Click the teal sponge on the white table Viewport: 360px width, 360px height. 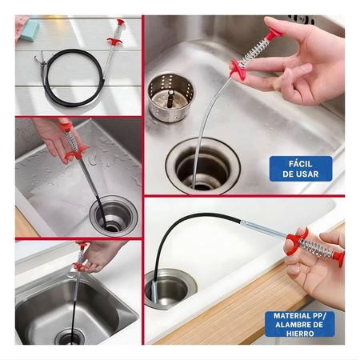tap(31, 30)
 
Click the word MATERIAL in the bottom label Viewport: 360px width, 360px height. tap(296, 316)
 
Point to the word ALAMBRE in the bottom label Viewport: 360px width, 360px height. tap(298, 326)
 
